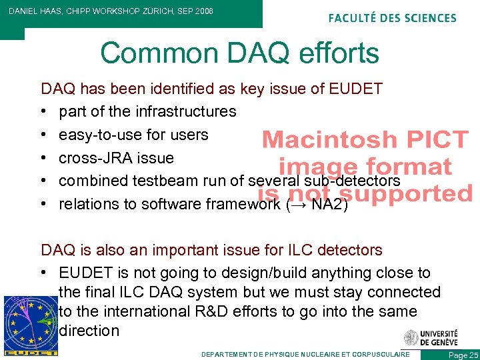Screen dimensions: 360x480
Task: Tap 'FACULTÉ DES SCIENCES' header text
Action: pyautogui.click(x=393, y=18)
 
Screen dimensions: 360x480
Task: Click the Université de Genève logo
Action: pyautogui.click(x=431, y=337)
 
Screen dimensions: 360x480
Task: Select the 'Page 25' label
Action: pyautogui.click(x=464, y=355)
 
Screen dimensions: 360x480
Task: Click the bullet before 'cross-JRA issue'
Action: pyautogui.click(x=44, y=158)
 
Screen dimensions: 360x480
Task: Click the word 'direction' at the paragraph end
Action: pyautogui.click(x=89, y=331)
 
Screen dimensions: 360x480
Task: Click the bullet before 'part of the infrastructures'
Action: pyautogui.click(x=44, y=111)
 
